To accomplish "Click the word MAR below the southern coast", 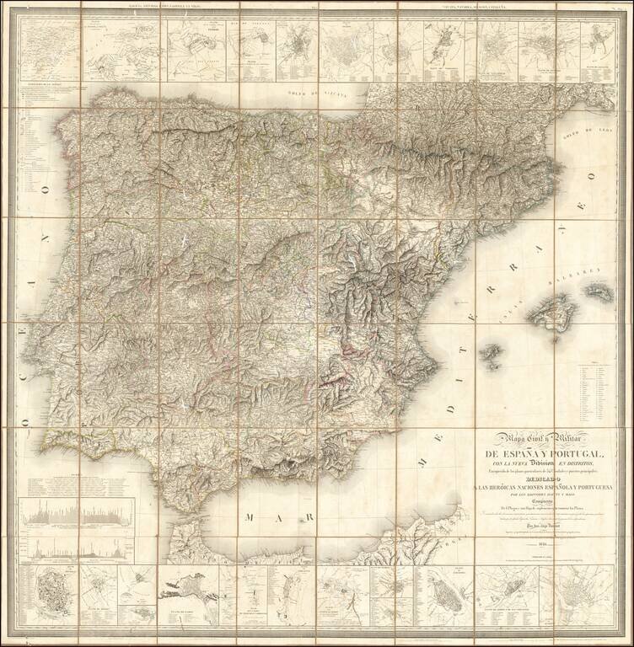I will coord(257,520).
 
